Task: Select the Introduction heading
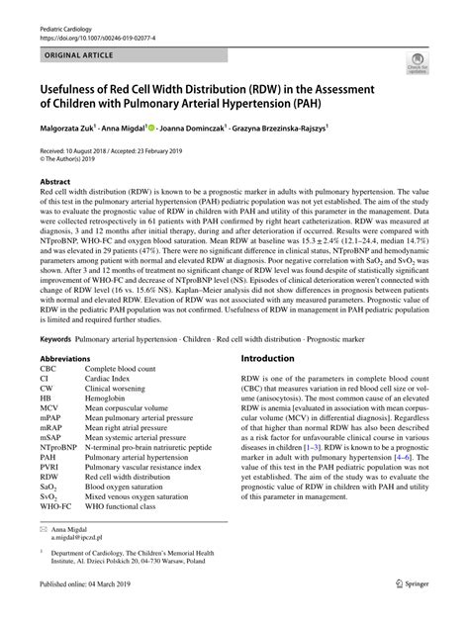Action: point(267,358)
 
